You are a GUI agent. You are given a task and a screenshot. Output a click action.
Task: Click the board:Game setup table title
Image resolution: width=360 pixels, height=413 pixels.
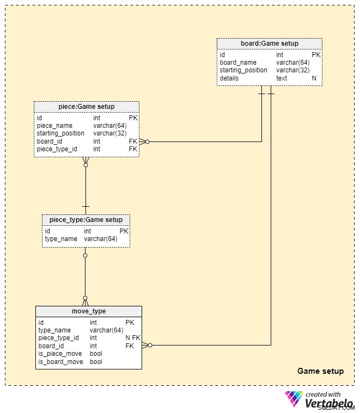pos(270,44)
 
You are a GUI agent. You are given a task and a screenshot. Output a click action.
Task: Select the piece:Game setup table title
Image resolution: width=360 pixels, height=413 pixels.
pos(87,107)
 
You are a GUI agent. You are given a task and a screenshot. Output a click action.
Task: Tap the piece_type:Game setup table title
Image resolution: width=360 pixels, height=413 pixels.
pos(86,220)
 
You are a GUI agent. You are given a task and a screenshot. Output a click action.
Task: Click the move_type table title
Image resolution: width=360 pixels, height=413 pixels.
pos(89,311)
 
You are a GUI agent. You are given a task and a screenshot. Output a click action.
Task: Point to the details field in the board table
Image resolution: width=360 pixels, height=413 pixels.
pos(229,78)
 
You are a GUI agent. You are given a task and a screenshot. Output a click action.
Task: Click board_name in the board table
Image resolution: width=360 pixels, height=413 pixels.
pos(238,63)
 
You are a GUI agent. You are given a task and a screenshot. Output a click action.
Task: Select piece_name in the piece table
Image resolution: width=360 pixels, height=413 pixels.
pos(54,126)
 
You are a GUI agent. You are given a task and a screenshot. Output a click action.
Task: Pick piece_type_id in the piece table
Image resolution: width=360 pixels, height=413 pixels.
pos(57,149)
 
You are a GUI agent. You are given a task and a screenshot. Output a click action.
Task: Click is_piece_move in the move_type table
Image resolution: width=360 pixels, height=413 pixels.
pos(60,354)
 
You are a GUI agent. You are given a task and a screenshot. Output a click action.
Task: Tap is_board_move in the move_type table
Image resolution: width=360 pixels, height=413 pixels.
pos(60,362)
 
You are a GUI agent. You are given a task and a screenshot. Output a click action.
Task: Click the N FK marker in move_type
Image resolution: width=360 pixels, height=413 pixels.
pos(133,338)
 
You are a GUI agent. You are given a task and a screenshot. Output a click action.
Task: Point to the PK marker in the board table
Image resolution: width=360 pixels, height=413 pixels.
pos(316,55)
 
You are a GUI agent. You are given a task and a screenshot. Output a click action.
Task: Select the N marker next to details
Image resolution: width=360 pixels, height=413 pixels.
pos(314,78)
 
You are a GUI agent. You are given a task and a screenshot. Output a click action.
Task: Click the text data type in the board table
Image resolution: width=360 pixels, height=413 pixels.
pos(282,78)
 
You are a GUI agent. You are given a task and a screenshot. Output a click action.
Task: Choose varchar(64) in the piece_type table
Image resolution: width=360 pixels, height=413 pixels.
pos(101,239)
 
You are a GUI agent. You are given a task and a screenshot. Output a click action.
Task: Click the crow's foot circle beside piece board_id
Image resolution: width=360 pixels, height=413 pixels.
pos(147,141)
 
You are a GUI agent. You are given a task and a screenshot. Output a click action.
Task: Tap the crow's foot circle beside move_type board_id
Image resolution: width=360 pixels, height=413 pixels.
pos(150,346)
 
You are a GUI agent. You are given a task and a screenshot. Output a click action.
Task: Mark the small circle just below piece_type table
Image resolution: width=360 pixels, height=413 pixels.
pos(85,256)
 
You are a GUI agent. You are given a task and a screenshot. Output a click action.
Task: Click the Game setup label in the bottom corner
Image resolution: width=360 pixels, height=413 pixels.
pos(320,371)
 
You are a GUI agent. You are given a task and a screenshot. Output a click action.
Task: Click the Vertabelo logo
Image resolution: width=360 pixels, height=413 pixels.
pos(320,399)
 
